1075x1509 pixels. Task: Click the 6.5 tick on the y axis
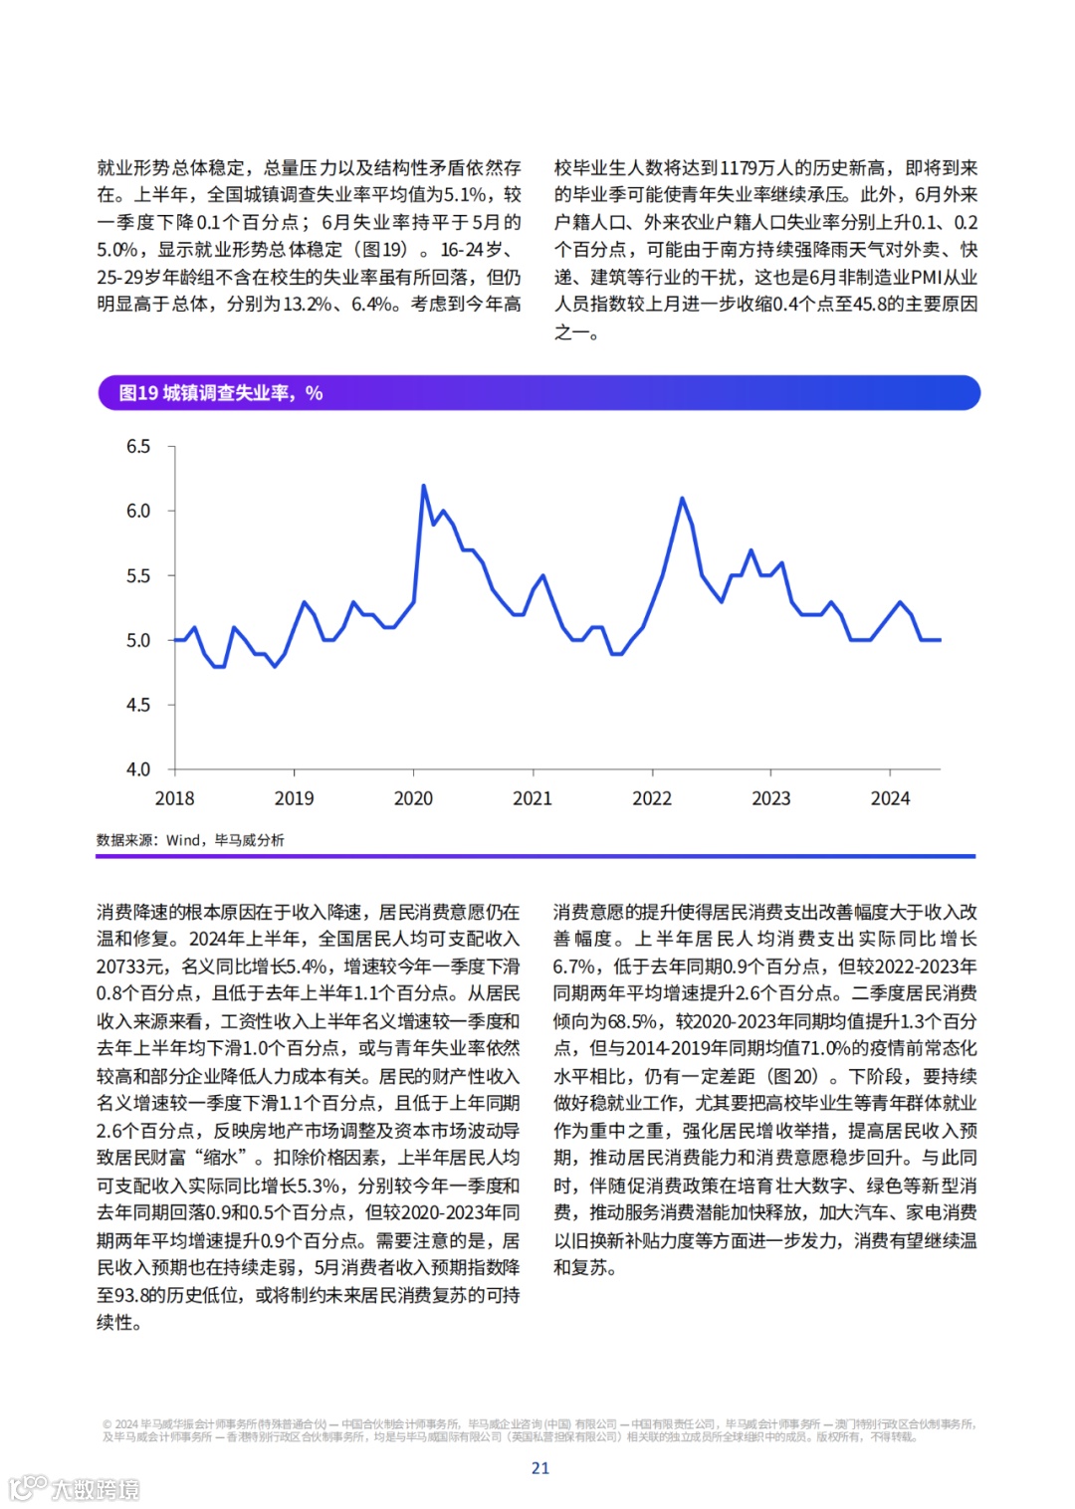(138, 447)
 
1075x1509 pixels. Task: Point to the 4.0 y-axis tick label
(138, 769)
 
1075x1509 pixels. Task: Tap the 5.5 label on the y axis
(138, 576)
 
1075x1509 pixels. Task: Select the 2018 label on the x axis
(175, 798)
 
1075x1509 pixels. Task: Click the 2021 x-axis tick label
(533, 798)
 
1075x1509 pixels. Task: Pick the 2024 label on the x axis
(890, 798)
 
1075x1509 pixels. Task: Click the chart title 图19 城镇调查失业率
(220, 393)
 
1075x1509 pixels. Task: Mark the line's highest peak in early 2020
(423, 486)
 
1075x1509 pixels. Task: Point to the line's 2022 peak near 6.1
(682, 498)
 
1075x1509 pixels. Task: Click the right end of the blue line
(940, 640)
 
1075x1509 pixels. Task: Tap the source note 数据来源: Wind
(190, 840)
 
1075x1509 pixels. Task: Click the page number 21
(540, 1468)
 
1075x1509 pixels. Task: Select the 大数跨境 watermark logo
(75, 1489)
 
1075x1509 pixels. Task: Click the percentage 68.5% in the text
(633, 1021)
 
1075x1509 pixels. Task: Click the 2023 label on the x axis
(770, 798)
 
